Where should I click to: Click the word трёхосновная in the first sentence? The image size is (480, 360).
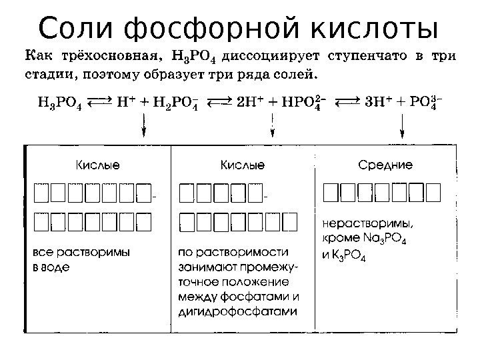coord(103,55)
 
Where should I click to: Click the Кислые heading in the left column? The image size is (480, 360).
coord(97,164)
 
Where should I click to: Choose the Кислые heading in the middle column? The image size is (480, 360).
coord(242,164)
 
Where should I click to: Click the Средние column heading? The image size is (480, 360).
coord(385,164)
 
